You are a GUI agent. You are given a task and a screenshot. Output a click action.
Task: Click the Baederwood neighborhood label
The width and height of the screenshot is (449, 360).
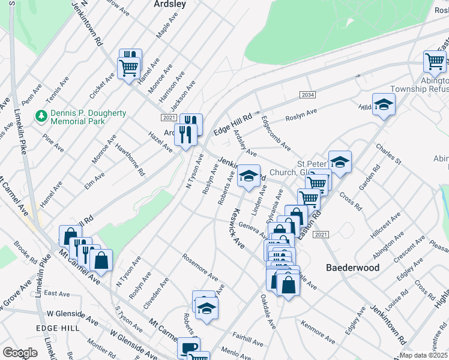click(x=352, y=268)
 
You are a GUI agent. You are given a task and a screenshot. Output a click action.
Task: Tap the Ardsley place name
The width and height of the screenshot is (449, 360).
click(x=169, y=4)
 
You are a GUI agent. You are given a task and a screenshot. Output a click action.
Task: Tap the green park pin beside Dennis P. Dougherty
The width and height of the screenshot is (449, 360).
click(x=41, y=113)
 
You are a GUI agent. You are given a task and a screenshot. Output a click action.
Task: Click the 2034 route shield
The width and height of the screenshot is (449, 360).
click(x=307, y=95)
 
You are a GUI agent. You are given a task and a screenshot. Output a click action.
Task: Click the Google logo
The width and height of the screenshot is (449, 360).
click(x=20, y=352)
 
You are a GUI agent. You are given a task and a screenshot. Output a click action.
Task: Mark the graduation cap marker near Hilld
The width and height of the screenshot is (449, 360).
click(x=384, y=106)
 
